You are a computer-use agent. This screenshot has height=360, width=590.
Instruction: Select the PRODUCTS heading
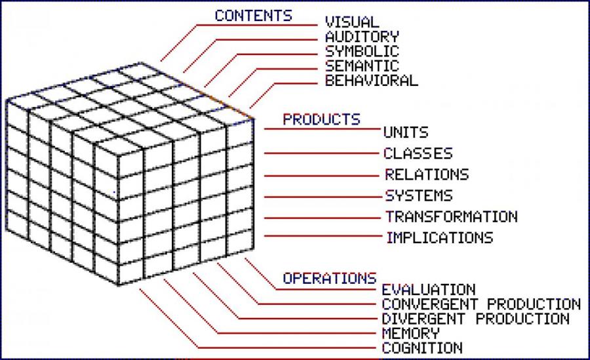coord(321,120)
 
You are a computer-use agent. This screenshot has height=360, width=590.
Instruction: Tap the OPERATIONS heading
coord(329,278)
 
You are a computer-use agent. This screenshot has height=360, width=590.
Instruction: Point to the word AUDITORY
coord(362,37)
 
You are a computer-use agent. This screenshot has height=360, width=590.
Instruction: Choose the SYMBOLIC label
coord(362,52)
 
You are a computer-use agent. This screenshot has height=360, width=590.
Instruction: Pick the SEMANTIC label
coord(362,66)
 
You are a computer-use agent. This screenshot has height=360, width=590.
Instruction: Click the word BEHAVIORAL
coord(371,81)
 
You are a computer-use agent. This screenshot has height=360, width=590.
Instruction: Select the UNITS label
coord(406,132)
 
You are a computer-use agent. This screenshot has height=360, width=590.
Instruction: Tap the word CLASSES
coord(418,154)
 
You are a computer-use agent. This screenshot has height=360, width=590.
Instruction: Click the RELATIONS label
coord(427,175)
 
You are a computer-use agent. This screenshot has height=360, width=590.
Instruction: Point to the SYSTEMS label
coord(418,196)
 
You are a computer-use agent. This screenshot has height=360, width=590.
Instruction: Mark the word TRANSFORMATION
coord(451,216)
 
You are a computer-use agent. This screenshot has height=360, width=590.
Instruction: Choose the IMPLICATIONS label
coord(439,237)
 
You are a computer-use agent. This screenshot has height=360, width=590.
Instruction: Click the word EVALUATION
coord(428,290)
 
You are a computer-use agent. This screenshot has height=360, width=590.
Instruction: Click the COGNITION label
coord(422,348)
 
